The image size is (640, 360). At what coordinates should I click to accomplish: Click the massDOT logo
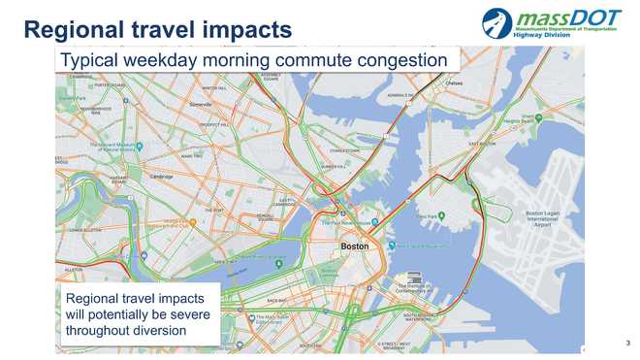(x=554, y=21)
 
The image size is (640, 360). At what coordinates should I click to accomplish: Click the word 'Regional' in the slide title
(x=77, y=29)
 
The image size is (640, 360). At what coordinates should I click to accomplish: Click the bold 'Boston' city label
(x=354, y=247)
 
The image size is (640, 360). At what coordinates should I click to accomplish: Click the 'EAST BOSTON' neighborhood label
(x=482, y=145)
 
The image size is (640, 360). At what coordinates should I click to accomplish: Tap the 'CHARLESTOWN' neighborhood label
(x=345, y=151)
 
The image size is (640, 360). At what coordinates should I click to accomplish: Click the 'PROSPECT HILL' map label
(x=212, y=124)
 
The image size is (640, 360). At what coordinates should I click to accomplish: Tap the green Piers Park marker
(x=441, y=215)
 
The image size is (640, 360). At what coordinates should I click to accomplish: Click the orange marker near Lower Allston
(x=193, y=222)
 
